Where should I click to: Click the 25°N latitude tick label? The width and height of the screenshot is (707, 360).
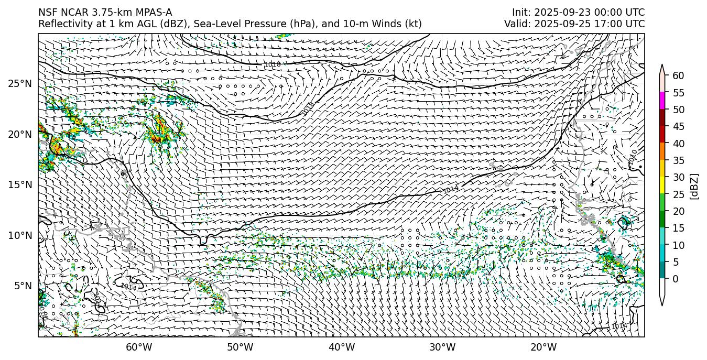click(19, 84)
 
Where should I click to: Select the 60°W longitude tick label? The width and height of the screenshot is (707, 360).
click(139, 347)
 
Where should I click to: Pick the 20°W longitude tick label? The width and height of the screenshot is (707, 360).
click(543, 347)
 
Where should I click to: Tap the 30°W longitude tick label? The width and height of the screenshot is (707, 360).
click(442, 347)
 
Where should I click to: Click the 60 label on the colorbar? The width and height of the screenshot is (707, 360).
click(678, 76)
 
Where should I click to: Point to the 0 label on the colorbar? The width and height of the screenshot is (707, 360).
click(676, 279)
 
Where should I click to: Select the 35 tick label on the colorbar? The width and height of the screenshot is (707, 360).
click(678, 160)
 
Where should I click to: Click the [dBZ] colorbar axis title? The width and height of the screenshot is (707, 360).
click(694, 186)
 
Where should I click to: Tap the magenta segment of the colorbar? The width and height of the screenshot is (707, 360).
click(662, 101)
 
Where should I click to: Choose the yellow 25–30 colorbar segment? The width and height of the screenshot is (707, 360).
click(662, 186)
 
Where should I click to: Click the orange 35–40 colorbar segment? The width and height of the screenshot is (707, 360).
click(662, 151)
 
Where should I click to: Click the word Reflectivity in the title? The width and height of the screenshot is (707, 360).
click(62, 24)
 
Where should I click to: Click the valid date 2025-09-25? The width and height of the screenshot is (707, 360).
click(557, 24)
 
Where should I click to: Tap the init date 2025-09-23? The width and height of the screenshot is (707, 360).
click(557, 13)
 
